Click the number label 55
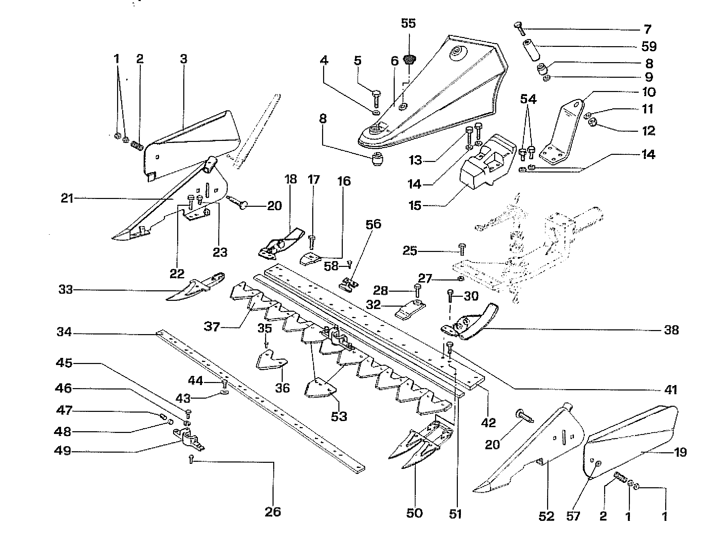click(408, 23)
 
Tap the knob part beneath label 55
click(409, 60)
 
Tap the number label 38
click(671, 330)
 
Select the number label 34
click(64, 331)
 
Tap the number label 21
click(67, 198)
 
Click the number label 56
click(373, 224)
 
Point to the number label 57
click(574, 516)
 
